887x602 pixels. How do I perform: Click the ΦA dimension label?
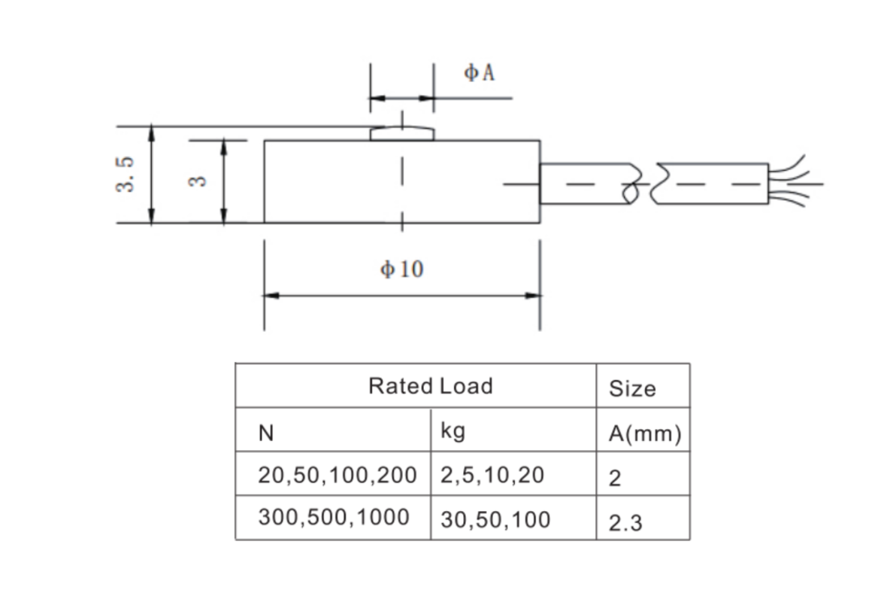479,73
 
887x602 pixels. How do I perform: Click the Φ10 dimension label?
402,269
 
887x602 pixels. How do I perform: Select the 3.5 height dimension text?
126,175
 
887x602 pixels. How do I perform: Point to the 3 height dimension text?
197,181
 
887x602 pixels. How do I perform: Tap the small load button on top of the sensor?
402,133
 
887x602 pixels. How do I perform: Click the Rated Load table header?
430,386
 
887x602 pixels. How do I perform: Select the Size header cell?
632,388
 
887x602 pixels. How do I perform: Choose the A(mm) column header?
644,433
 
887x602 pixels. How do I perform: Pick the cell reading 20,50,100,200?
336,476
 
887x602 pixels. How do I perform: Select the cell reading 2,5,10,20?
492,476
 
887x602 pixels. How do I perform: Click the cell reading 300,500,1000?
333,518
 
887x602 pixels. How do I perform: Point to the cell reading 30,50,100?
495,519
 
